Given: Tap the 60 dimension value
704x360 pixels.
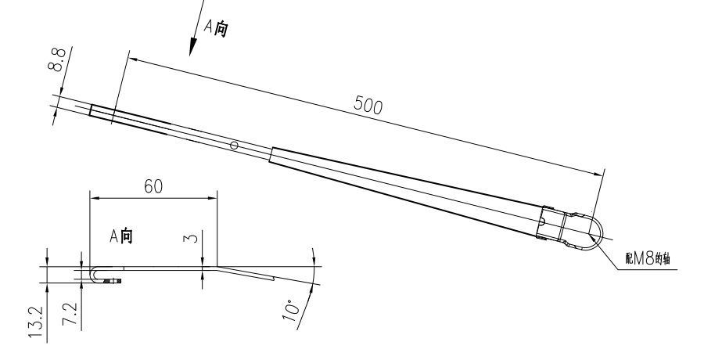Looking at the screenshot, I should point(153,185).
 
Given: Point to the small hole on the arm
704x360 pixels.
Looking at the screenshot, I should point(235,145).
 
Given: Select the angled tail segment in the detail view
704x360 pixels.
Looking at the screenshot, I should point(246,272).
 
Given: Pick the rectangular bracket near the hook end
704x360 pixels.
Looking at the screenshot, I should point(554,223).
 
